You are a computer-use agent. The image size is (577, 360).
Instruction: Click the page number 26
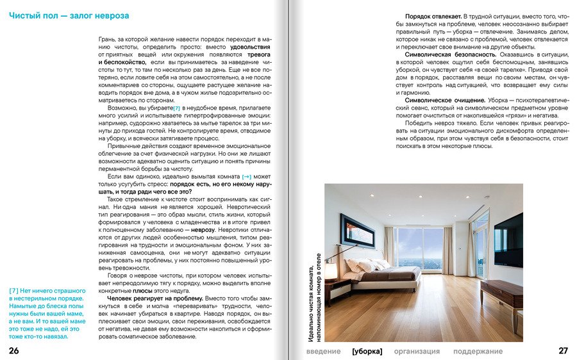(14, 350)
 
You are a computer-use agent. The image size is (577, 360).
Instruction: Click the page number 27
(563, 350)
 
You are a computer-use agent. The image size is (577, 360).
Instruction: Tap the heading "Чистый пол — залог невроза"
(69, 14)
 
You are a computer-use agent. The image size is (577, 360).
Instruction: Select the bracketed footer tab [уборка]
(367, 351)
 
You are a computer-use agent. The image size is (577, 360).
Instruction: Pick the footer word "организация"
(417, 351)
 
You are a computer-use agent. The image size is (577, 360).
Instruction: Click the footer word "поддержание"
(478, 351)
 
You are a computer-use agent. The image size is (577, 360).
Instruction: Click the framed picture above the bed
(357, 230)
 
